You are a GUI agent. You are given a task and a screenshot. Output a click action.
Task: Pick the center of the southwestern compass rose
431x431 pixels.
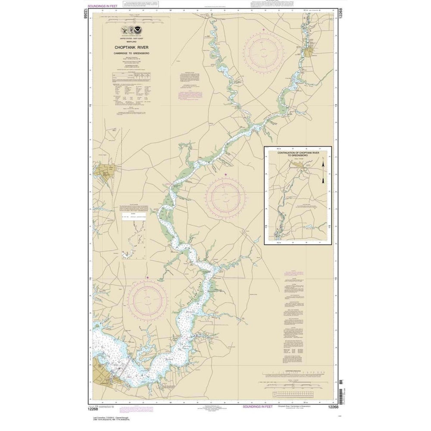tap(148, 299)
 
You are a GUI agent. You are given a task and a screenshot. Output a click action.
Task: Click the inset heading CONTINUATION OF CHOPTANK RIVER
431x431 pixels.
tap(298, 152)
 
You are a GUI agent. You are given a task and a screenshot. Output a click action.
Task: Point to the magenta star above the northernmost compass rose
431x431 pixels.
tap(263, 29)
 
